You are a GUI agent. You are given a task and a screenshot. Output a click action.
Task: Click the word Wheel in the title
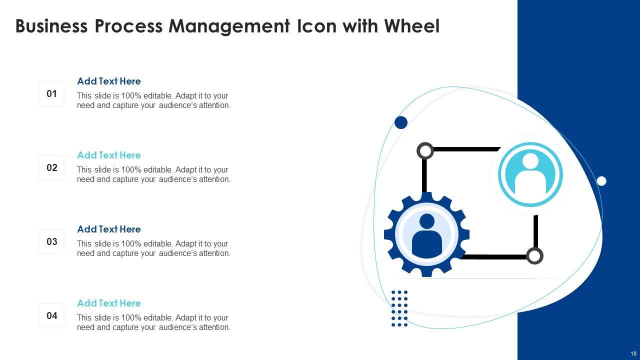point(411,26)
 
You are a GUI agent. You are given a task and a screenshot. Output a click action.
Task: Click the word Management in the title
point(229,26)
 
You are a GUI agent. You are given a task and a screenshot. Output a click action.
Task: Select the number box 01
point(52,93)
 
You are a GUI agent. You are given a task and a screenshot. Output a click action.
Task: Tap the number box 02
point(52,167)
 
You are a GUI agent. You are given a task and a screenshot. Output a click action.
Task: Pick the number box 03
point(52,241)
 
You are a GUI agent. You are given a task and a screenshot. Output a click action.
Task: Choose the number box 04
point(52,315)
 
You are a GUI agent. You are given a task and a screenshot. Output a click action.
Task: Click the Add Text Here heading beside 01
point(109,81)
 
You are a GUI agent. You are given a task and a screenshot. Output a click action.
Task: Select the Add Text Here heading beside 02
point(109,155)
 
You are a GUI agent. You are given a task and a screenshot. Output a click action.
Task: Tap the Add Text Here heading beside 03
point(109,229)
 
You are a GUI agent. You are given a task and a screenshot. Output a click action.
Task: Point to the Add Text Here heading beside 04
point(109,303)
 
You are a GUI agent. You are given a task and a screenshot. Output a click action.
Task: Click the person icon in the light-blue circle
point(530,174)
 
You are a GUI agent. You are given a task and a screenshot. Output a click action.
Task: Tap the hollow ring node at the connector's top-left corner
point(425,150)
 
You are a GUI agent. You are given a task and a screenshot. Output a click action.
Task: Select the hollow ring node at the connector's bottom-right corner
point(534,256)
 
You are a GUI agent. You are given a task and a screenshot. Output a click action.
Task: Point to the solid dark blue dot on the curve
point(401,122)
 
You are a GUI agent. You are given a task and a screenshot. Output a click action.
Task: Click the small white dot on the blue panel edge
point(601,181)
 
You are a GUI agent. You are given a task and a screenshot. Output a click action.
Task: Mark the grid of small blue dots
point(399,308)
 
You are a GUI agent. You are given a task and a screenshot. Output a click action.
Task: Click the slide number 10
point(633,353)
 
